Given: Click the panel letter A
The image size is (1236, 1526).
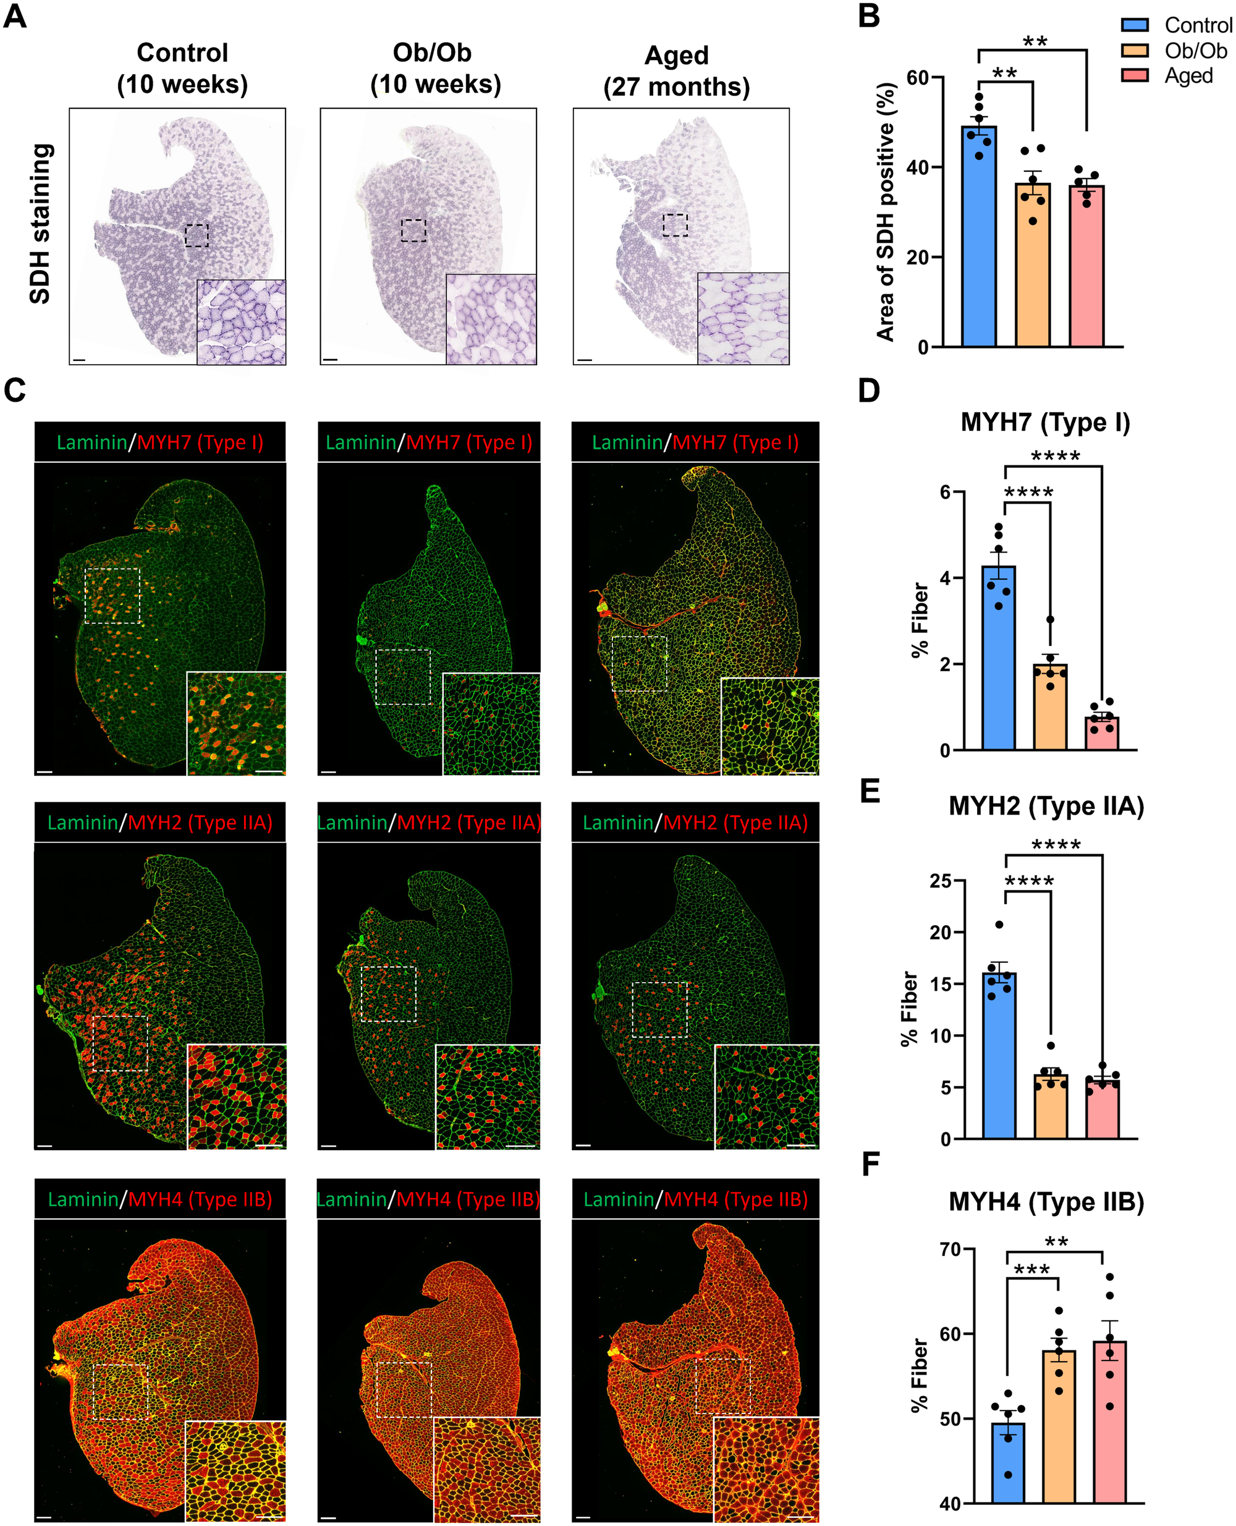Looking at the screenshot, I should point(15,15).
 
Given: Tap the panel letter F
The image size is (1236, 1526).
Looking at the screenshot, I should point(871,1164).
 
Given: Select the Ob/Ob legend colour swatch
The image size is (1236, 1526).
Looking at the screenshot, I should point(1135,50).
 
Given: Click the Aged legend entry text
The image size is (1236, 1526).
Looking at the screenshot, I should point(1188,75).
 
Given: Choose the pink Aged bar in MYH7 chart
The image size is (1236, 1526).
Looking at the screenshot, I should point(1101,734).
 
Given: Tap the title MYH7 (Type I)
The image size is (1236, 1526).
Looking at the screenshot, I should point(1045,422).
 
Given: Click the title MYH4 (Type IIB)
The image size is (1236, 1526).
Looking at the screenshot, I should point(1046,1202).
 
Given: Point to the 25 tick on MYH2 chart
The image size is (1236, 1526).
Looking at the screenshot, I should point(941,881).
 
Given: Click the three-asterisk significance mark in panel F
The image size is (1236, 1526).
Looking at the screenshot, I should point(1031,1270).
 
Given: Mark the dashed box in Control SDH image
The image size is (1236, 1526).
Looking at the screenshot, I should point(197,235).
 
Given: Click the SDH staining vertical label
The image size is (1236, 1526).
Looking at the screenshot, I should point(41,224).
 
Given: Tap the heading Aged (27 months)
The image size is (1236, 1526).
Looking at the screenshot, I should point(676,70).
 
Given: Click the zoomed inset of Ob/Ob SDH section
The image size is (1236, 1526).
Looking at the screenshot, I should point(491,319).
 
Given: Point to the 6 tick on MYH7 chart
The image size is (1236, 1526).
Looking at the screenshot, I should point(946,492).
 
